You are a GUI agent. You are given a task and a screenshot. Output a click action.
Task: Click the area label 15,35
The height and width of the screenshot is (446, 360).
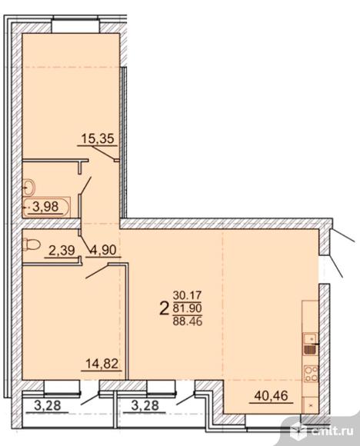pyautogui.click(x=98, y=138)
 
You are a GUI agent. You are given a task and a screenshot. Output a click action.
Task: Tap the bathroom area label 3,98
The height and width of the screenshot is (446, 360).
pyautogui.click(x=46, y=206)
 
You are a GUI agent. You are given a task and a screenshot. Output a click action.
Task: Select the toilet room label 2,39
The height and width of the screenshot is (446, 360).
pyautogui.click(x=62, y=251)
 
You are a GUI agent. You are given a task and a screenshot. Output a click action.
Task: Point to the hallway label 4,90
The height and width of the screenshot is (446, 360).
pyautogui.click(x=103, y=250)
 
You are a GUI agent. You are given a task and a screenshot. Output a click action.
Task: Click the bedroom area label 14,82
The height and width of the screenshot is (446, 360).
pyautogui.click(x=102, y=364)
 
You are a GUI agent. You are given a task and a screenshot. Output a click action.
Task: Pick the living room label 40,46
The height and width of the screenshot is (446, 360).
pyautogui.click(x=272, y=395)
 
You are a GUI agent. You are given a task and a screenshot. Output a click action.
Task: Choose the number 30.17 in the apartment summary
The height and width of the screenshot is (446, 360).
pyautogui.click(x=187, y=295)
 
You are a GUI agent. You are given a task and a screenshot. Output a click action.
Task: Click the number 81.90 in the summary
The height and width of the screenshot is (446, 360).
pyautogui.click(x=187, y=308)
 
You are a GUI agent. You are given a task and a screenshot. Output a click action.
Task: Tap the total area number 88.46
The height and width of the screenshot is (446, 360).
pyautogui.click(x=187, y=321)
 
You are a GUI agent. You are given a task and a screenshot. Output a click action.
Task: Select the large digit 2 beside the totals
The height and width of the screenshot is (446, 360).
pyautogui.click(x=164, y=308)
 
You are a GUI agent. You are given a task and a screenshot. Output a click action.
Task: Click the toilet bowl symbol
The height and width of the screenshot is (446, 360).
pyautogui.click(x=32, y=244)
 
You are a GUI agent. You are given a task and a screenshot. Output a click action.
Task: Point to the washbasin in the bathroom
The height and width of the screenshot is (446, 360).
pyautogui.click(x=28, y=188)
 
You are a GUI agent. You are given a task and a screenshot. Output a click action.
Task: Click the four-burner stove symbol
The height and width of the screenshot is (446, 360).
pyautogui.click(x=310, y=374)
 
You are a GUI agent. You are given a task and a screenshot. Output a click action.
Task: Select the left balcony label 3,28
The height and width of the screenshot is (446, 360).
pyautogui.click(x=47, y=405)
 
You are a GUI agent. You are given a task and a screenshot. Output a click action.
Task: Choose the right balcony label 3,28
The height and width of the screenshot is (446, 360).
pyautogui.click(x=145, y=405)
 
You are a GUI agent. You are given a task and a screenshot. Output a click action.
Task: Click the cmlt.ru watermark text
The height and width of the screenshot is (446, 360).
pyautogui.click(x=332, y=431)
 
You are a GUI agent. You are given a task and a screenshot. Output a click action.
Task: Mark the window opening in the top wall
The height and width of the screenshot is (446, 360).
pyautogui.click(x=75, y=26)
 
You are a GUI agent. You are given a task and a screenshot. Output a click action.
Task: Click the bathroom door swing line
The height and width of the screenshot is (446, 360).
pyautogui.click(x=85, y=186)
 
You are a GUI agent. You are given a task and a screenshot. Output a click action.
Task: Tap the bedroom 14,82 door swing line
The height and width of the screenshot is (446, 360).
pyautogui.click(x=97, y=271)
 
